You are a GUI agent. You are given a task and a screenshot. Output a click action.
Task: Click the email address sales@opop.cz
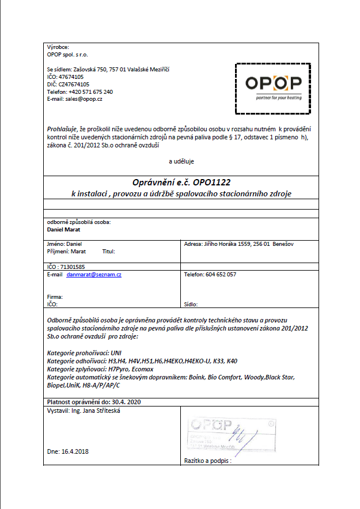click(x=84, y=99)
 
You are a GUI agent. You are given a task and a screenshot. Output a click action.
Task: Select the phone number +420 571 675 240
click(x=88, y=92)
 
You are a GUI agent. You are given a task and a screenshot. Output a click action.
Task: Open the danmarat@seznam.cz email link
click(x=93, y=275)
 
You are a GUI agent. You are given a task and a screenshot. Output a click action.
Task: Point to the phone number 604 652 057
click(x=221, y=275)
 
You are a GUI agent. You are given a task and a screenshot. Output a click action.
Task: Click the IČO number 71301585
click(x=73, y=267)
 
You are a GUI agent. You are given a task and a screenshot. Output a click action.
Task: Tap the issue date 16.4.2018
click(x=75, y=451)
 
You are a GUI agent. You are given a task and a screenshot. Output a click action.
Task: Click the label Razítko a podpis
click(x=210, y=461)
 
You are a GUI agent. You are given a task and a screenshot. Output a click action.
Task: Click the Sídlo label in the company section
click(x=191, y=303)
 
